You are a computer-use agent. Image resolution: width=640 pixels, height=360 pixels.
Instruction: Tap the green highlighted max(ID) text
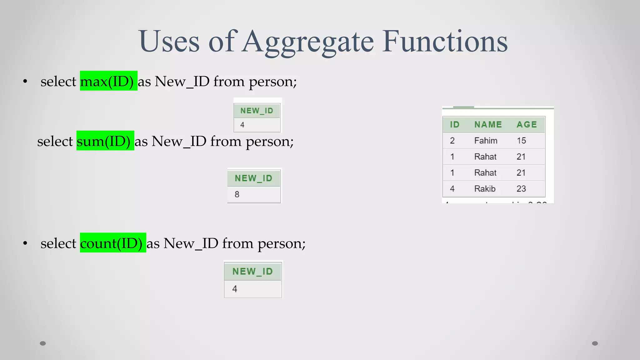click(108, 81)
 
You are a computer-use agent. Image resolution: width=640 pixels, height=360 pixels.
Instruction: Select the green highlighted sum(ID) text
click(105, 141)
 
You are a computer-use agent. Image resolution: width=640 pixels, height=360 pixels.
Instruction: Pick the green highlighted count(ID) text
click(113, 243)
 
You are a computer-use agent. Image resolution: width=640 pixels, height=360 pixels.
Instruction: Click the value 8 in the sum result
click(237, 194)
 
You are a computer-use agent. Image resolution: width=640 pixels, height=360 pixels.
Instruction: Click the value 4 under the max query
click(242, 125)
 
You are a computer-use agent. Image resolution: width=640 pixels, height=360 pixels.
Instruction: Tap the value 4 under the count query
click(235, 289)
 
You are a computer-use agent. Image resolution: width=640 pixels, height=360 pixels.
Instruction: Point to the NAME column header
click(488, 124)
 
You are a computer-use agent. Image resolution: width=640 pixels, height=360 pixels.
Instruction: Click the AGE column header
click(527, 124)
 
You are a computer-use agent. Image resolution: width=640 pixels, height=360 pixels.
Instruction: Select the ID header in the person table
click(454, 124)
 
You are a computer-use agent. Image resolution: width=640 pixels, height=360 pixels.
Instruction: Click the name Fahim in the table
click(486, 141)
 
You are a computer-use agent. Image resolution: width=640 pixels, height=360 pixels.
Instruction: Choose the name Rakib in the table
click(485, 189)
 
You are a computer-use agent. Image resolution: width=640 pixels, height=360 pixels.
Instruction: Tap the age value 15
click(521, 141)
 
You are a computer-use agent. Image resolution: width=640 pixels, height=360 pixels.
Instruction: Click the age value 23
click(521, 189)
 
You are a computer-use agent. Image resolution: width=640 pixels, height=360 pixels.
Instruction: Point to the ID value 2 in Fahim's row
click(452, 141)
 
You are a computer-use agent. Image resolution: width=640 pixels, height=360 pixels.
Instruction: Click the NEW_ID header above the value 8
click(253, 178)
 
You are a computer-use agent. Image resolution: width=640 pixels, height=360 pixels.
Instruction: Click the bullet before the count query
click(25, 243)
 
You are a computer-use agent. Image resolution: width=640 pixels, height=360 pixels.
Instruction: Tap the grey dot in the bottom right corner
click(595, 343)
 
